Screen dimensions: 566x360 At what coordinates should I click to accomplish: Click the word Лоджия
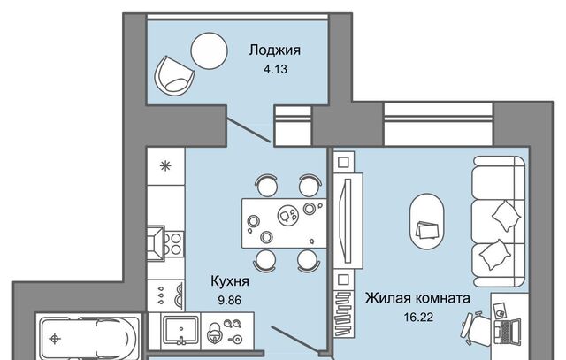coord(275,50)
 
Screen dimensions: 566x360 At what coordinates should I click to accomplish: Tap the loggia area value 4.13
coord(275,69)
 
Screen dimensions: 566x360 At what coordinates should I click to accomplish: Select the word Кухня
coord(230,281)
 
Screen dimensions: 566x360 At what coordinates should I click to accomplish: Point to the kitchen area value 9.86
coord(230,300)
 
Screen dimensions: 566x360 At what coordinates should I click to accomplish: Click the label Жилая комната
coord(417,298)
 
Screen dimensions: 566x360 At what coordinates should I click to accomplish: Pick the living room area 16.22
coord(418,317)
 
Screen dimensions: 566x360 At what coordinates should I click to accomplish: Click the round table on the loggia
coord(209,51)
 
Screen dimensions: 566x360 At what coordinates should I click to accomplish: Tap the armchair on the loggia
coord(174,76)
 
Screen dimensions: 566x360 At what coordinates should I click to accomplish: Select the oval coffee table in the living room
coord(427,221)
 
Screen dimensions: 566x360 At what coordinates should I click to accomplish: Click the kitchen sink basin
coord(180,329)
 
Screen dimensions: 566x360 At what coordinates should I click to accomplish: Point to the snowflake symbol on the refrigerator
coord(165,166)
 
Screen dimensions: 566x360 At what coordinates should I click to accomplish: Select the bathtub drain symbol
coord(55,339)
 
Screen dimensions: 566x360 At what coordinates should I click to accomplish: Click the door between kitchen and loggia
coord(249,129)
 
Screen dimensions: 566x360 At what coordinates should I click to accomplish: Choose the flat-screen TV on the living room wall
coord(348,220)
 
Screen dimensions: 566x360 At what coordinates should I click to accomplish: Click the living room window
coord(439,124)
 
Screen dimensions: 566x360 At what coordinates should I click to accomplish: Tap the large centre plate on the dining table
coord(288,214)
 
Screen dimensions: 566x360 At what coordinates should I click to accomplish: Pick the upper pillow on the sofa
coord(506,216)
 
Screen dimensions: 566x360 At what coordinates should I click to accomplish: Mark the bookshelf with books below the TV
coord(343,313)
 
